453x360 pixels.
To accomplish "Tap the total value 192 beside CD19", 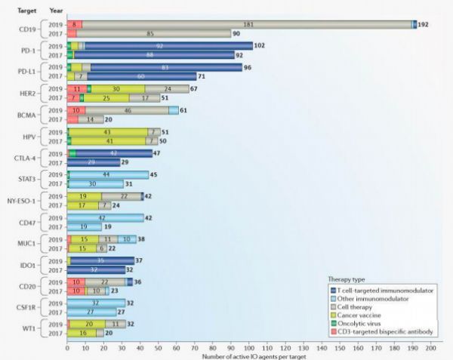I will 423,24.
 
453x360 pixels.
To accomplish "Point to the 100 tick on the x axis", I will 249,349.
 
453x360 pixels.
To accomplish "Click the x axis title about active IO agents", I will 249,356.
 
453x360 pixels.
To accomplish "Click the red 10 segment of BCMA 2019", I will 76,110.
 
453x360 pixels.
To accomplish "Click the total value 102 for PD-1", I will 260,46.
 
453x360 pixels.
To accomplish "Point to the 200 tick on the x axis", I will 431,349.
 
